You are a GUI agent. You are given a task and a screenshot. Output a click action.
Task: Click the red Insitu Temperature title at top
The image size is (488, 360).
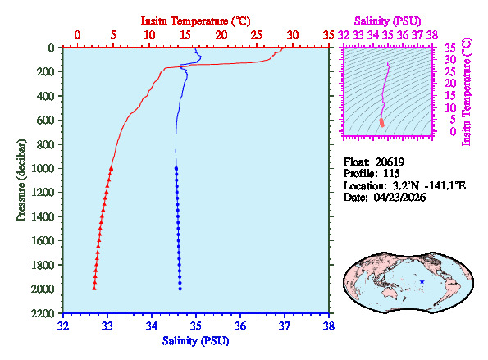coord(194,19)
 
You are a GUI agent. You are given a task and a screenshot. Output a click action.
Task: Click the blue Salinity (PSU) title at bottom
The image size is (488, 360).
coord(196,339)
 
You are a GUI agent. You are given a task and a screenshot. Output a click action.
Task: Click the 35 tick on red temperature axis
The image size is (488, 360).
coord(329,35)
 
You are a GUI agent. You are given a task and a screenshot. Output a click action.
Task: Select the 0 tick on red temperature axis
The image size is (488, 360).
coord(77,35)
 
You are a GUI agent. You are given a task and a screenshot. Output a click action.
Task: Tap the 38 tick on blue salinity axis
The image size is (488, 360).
coord(329,326)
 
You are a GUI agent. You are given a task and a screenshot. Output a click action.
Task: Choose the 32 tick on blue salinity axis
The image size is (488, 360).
coord(64,326)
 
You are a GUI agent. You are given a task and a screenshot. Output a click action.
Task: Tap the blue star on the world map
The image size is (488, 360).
coord(422,281)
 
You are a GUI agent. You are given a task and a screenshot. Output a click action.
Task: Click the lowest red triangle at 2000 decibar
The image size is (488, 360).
coord(94,288)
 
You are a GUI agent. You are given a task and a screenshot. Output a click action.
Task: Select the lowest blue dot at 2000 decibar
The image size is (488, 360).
coord(180,288)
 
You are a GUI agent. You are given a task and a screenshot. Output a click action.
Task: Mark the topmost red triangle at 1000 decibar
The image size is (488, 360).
coord(111,168)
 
